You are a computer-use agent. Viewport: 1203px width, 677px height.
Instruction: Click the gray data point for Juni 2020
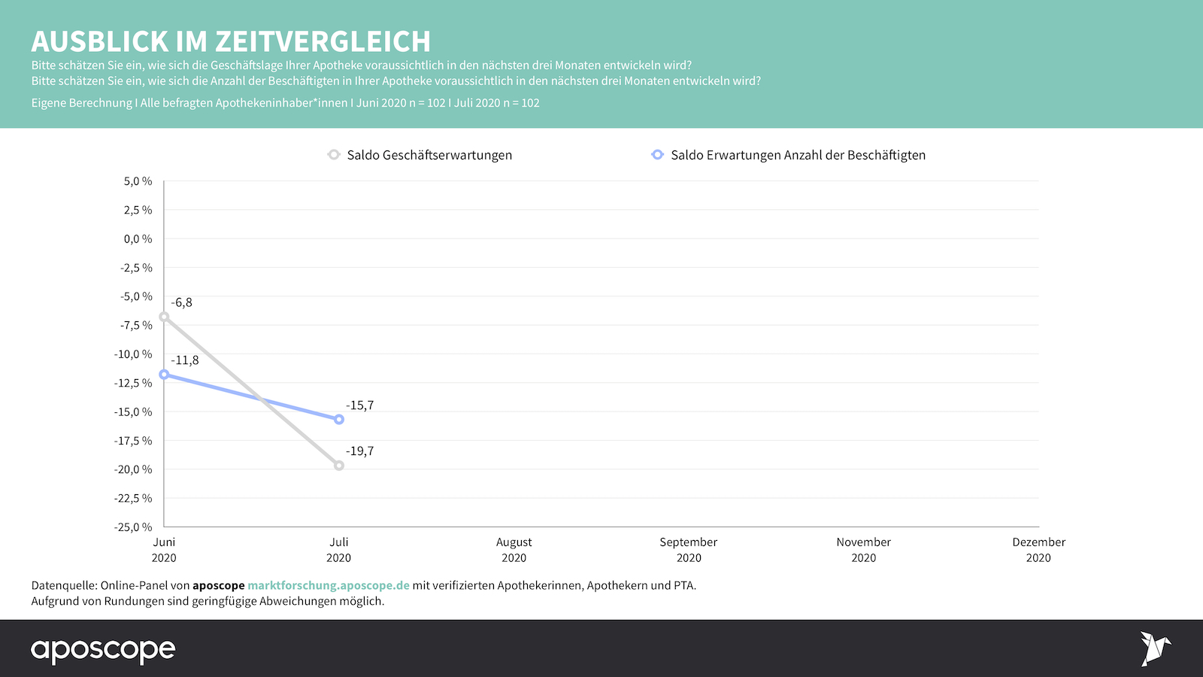pyautogui.click(x=164, y=317)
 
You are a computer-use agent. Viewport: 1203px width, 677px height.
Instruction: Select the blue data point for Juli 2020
pyautogui.click(x=339, y=419)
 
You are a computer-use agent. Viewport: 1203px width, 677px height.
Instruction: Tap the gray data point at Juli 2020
pyautogui.click(x=339, y=466)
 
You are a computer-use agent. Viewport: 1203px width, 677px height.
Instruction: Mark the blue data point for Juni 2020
pyautogui.click(x=164, y=375)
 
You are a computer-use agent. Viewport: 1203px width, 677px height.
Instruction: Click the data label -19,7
pyautogui.click(x=360, y=451)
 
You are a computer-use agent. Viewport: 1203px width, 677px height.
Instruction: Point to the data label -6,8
pyautogui.click(x=181, y=302)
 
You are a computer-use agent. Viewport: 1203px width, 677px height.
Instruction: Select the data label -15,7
pyautogui.click(x=360, y=405)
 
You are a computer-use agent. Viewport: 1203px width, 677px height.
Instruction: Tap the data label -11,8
pyautogui.click(x=185, y=360)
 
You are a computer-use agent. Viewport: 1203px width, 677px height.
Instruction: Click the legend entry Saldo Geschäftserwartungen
pyautogui.click(x=429, y=155)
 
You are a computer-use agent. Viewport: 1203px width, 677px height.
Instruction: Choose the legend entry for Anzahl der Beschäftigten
pyautogui.click(x=798, y=155)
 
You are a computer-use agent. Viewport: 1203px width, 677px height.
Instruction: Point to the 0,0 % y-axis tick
pyautogui.click(x=138, y=239)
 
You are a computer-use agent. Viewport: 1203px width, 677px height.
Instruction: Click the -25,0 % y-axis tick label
pyautogui.click(x=133, y=527)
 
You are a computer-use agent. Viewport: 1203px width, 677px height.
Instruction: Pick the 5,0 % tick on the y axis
pyautogui.click(x=138, y=181)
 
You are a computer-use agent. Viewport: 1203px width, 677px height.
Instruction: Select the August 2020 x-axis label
pyautogui.click(x=514, y=550)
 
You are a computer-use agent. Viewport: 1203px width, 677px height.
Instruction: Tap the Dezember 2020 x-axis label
pyautogui.click(x=1038, y=550)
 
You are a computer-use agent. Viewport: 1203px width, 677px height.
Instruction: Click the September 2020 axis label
pyautogui.click(x=689, y=550)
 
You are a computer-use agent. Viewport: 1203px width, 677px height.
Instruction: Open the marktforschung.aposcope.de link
pyautogui.click(x=329, y=585)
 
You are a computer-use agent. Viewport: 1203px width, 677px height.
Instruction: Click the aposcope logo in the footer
pyautogui.click(x=103, y=650)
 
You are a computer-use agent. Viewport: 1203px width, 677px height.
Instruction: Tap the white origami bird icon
pyautogui.click(x=1155, y=648)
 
